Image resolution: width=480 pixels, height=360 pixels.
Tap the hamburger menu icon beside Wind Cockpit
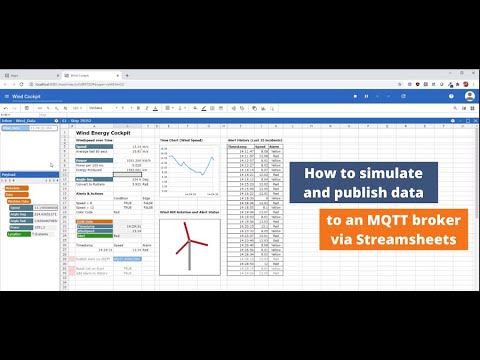7,96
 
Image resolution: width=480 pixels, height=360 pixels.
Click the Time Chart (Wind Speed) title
186,140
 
